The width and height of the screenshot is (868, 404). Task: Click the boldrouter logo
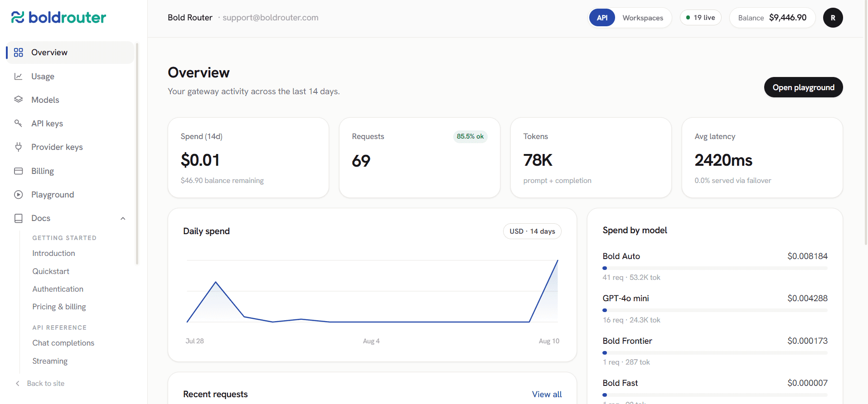tap(58, 17)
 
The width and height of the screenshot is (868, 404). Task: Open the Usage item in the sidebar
tap(43, 77)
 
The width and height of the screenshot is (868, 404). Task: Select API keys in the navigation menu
tap(47, 124)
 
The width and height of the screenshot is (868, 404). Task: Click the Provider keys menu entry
tap(57, 147)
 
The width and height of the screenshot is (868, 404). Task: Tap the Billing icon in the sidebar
tap(19, 171)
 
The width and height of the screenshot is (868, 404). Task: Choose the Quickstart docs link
tap(51, 271)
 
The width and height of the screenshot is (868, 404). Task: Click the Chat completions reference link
tap(63, 343)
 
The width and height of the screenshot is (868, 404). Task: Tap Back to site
tap(46, 384)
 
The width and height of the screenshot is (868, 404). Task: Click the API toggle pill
tap(602, 18)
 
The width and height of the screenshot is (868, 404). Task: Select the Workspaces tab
tap(643, 18)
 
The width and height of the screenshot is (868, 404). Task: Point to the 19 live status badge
tap(701, 18)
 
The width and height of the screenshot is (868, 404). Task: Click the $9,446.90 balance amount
tap(788, 18)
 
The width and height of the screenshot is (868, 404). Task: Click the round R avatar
tap(833, 18)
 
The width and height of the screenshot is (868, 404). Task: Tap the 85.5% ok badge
tap(470, 136)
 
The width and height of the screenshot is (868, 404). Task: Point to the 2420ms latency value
tap(723, 160)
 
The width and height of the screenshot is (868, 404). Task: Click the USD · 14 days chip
tap(532, 231)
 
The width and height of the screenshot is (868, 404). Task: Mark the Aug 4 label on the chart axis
tap(371, 341)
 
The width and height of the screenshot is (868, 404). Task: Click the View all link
tap(547, 394)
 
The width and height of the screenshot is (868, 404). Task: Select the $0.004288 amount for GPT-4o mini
tap(807, 298)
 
